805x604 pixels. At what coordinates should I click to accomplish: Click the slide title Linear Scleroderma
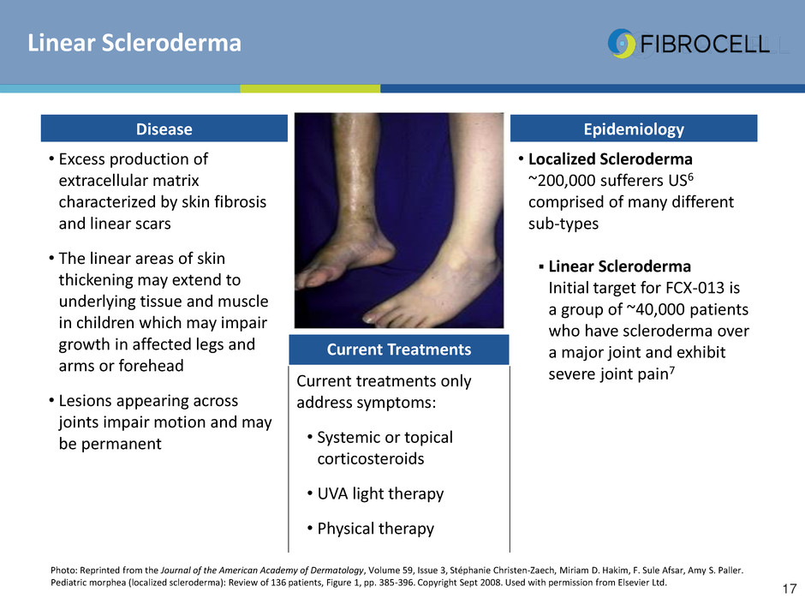[x=134, y=43]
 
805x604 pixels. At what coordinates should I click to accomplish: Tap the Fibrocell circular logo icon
[x=621, y=44]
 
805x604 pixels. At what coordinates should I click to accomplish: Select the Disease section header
[x=164, y=129]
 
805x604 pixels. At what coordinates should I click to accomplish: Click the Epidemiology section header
[x=634, y=129]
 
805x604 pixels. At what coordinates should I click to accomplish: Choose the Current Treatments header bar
[x=399, y=350]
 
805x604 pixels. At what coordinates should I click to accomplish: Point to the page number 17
[x=790, y=589]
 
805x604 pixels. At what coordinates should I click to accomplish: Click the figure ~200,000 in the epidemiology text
[x=562, y=181]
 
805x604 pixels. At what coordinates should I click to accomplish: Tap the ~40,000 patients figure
[x=687, y=309]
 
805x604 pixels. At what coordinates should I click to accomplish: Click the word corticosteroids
[x=371, y=458]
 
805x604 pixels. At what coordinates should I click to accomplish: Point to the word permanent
[x=121, y=444]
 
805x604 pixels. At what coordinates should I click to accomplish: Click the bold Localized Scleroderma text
[x=611, y=159]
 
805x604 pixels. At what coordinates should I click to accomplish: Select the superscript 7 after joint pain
[x=672, y=370]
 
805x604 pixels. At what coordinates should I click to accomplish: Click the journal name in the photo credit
[x=262, y=570]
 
